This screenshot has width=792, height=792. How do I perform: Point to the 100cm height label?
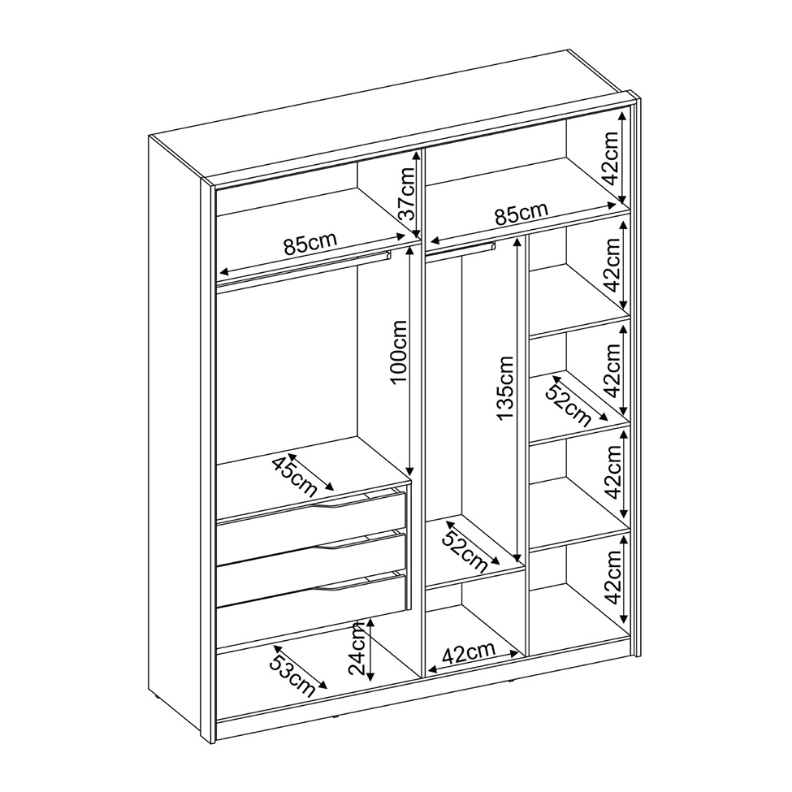tap(399, 352)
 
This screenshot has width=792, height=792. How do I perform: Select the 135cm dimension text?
tap(505, 388)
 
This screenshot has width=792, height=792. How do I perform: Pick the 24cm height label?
tap(357, 649)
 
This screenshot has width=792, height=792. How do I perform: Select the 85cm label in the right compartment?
tap(521, 214)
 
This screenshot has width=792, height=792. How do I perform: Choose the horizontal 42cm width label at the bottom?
tap(468, 654)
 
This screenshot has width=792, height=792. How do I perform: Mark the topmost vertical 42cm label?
tap(610, 158)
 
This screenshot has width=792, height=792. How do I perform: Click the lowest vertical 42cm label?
tap(612, 578)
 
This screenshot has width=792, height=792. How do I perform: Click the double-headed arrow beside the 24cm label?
tap(370, 650)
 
